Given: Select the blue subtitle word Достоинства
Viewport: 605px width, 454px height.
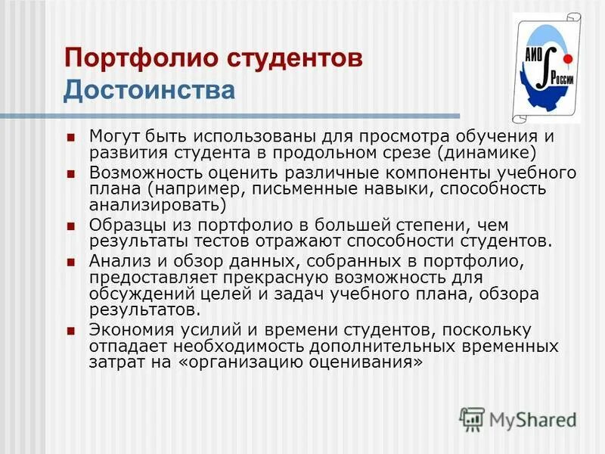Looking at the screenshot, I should (149, 90).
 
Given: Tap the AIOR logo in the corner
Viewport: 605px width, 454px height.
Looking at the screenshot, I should (546, 68).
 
